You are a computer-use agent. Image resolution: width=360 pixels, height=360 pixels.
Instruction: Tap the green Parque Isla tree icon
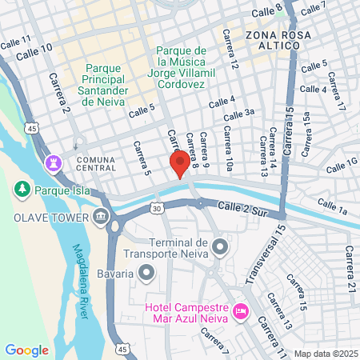[22, 190]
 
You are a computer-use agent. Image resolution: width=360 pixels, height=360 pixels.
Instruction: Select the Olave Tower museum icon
[101, 216]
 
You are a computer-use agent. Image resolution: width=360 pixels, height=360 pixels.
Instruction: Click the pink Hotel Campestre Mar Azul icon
[240, 310]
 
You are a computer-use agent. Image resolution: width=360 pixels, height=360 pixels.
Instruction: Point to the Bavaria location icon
[146, 274]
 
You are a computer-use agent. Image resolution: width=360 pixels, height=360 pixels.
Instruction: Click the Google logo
[26, 350]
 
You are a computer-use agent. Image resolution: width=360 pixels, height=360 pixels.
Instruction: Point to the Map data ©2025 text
[325, 353]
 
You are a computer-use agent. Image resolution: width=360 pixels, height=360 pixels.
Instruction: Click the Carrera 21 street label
[350, 264]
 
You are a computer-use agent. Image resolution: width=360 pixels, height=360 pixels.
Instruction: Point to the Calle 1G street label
[342, 166]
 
